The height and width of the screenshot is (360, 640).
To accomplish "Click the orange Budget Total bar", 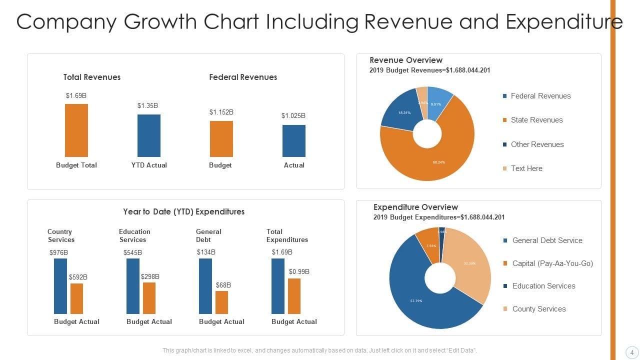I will [76, 130].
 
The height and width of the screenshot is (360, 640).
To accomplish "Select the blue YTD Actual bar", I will [149, 135].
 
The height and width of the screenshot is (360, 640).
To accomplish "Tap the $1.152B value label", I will [221, 112].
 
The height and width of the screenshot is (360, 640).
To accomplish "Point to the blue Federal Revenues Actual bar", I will [294, 141].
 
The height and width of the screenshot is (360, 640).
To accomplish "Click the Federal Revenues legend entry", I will [540, 96].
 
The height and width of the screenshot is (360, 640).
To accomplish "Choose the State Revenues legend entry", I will [536, 120].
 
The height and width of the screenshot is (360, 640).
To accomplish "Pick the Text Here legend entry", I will [526, 168].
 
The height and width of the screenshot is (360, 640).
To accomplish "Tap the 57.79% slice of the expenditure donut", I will [420, 300].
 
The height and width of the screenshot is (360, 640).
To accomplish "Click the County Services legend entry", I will [538, 309].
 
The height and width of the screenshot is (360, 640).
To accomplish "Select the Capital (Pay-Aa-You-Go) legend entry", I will [552, 263].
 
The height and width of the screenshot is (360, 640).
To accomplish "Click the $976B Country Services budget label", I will [58, 252].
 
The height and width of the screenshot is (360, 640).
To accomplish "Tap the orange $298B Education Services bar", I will [149, 298].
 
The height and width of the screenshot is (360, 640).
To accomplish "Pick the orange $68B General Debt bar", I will [221, 302].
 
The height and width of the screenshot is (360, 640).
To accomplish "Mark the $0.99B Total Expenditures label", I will [299, 271].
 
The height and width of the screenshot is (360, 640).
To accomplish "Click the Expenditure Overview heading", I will [415, 207].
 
